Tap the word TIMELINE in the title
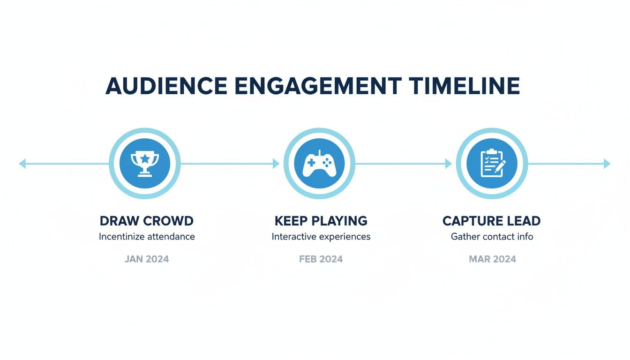pyautogui.click(x=464, y=86)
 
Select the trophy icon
pyautogui.click(x=144, y=164)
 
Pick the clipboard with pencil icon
pyautogui.click(x=492, y=164)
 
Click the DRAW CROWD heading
pyautogui.click(x=147, y=221)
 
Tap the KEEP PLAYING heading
pyautogui.click(x=321, y=221)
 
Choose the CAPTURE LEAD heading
pyautogui.click(x=491, y=221)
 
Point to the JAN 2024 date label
pyautogui.click(x=147, y=259)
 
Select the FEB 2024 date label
pyautogui.click(x=321, y=259)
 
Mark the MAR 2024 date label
pyautogui.click(x=492, y=259)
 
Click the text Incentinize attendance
pyautogui.click(x=147, y=237)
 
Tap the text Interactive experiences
pyautogui.click(x=321, y=237)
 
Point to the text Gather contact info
pyautogui.click(x=492, y=237)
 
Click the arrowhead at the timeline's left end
pyautogui.click(x=22, y=164)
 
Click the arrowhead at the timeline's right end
pyautogui.click(x=607, y=164)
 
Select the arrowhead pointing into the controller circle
pyautogui.click(x=276, y=164)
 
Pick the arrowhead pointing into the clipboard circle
pyautogui.click(x=449, y=164)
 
